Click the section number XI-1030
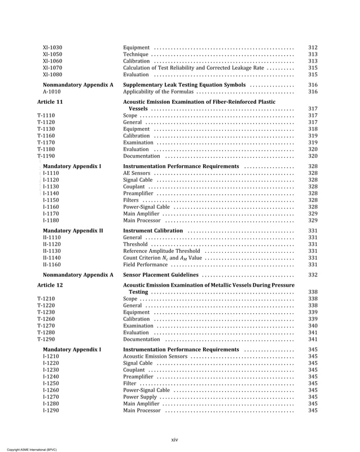[x=52, y=47]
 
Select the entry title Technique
[x=135, y=54]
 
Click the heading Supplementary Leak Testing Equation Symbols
[x=184, y=85]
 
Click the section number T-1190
[x=46, y=156]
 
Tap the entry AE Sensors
[x=137, y=173]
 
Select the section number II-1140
[x=52, y=258]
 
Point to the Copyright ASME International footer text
[x=28, y=449]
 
